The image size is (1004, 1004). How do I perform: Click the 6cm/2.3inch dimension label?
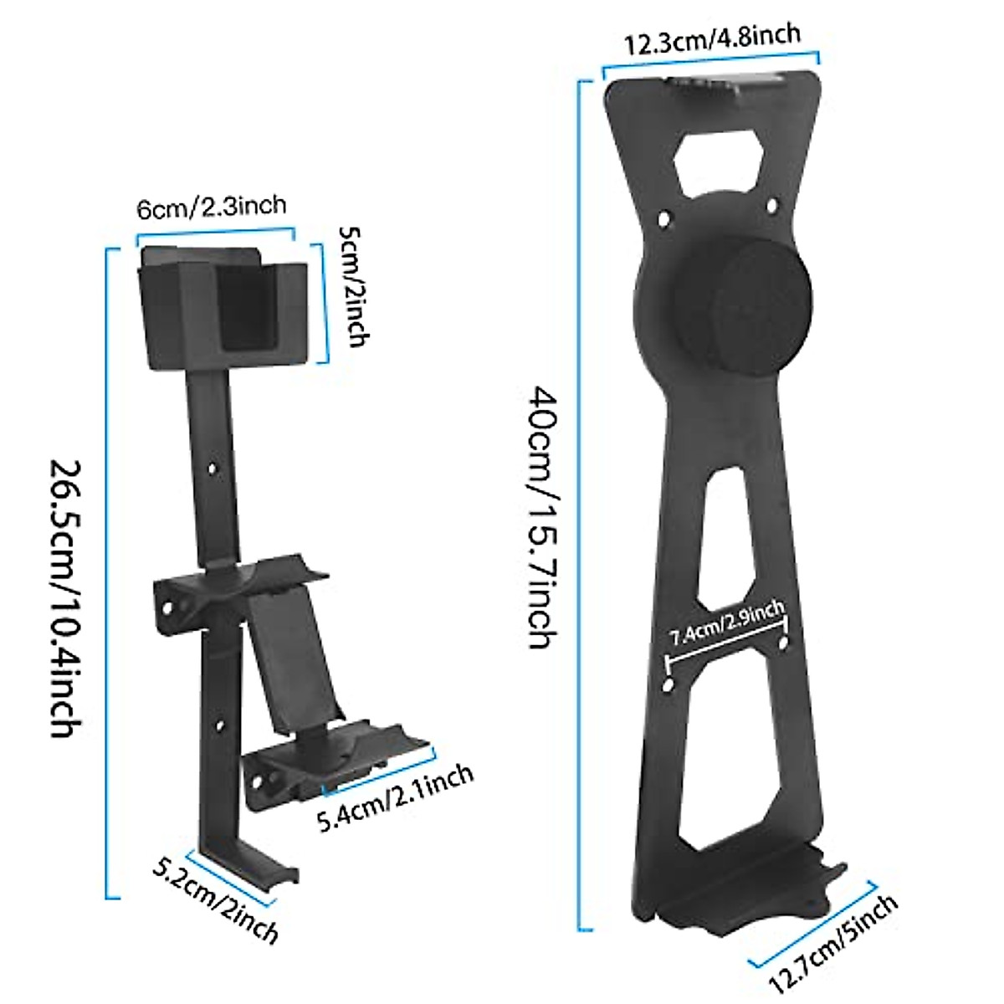point(212,206)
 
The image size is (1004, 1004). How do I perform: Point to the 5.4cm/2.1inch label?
point(396,798)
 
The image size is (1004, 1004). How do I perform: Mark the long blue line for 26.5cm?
point(107,574)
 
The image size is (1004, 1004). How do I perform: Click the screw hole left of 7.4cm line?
point(667,685)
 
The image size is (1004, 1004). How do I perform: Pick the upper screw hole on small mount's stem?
point(212,469)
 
